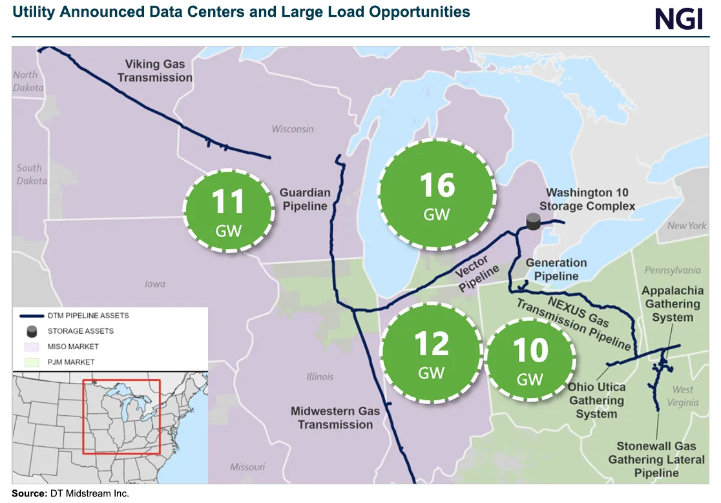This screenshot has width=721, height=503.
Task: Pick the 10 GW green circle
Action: pyautogui.click(x=530, y=358)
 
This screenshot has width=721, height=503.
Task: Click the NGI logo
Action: pyautogui.click(x=678, y=19)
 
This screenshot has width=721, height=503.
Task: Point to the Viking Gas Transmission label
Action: pyautogui.click(x=155, y=71)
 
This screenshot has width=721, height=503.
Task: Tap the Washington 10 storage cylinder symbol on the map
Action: pyautogui.click(x=533, y=221)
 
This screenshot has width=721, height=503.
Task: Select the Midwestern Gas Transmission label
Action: pyautogui.click(x=335, y=418)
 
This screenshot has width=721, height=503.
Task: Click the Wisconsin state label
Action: pyautogui.click(x=293, y=129)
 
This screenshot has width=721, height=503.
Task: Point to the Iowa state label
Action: pyautogui.click(x=154, y=283)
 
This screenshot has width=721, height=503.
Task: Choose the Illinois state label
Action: pyautogui.click(x=320, y=376)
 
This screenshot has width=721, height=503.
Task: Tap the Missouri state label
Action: pyautogui.click(x=247, y=467)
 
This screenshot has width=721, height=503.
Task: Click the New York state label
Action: pyautogui.click(x=687, y=226)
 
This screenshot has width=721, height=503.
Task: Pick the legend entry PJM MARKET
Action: pyautogui.click(x=70, y=362)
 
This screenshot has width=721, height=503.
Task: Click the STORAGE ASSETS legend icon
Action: pyautogui.click(x=31, y=331)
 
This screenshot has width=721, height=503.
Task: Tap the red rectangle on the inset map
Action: pyautogui.click(x=121, y=417)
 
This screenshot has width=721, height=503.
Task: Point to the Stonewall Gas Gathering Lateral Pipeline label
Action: pyautogui.click(x=656, y=459)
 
